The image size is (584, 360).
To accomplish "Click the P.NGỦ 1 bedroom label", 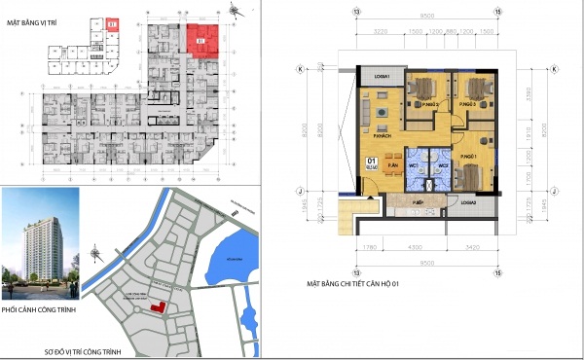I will point(471,157).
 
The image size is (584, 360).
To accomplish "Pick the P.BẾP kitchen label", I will point(417,202).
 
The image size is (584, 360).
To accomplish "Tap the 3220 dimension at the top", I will point(380,32).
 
